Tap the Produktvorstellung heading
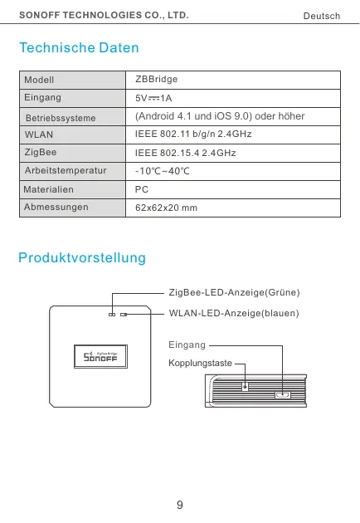click(x=82, y=258)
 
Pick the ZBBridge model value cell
click(x=157, y=79)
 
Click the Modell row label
click(x=39, y=81)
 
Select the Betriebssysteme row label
click(x=61, y=118)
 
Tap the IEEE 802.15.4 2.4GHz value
click(x=185, y=154)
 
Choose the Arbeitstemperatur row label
click(x=66, y=173)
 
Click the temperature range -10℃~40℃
click(x=163, y=173)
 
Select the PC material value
click(x=142, y=190)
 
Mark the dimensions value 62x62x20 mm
click(x=166, y=208)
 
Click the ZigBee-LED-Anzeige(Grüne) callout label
click(x=234, y=293)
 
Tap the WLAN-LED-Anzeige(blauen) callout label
click(x=233, y=313)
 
